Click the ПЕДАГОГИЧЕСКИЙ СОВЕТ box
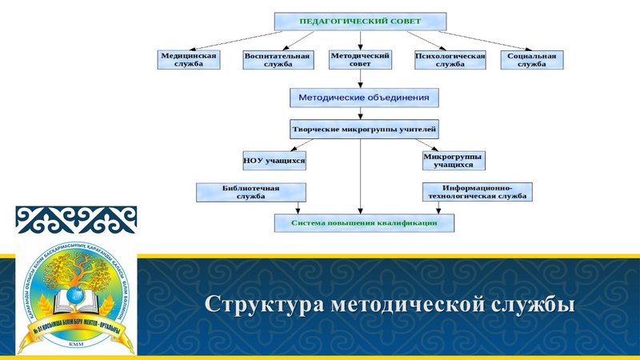[359, 21]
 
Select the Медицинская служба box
[189, 60]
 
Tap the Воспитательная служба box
[276, 60]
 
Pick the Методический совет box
[360, 60]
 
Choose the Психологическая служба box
[450, 60]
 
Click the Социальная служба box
[531, 60]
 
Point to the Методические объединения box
[364, 98]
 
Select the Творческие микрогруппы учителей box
[364, 128]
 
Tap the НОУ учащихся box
[274, 161]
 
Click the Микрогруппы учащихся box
[453, 161]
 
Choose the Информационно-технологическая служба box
[477, 192]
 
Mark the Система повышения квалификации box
[364, 222]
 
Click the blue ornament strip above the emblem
[76, 218]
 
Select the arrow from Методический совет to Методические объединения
[360, 78]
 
